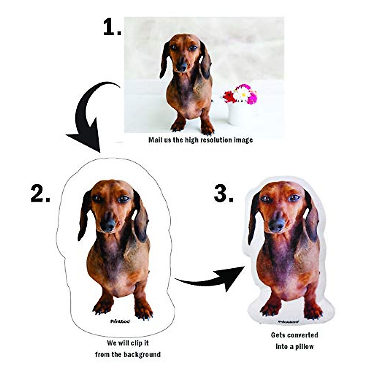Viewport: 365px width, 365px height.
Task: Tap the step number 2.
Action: click(40, 194)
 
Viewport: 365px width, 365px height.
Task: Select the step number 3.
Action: click(224, 194)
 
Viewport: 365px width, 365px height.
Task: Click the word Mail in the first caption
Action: click(155, 140)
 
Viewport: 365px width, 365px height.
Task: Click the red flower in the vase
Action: click(229, 97)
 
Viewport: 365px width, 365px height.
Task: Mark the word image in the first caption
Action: click(243, 140)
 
